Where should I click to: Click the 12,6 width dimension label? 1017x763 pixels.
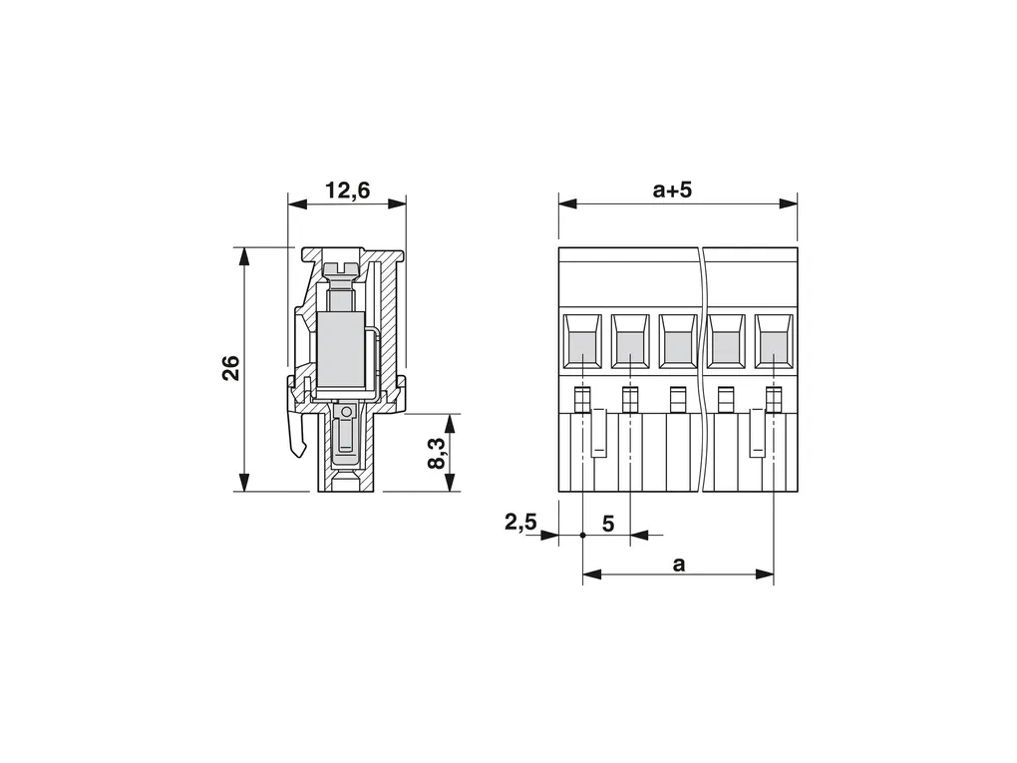pyautogui.click(x=347, y=191)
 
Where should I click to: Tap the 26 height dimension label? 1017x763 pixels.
pyautogui.click(x=231, y=368)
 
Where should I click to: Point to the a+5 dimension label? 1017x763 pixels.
pyautogui.click(x=673, y=191)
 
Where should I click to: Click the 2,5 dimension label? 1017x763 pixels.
pyautogui.click(x=520, y=522)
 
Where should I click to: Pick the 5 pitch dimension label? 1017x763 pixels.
pyautogui.click(x=608, y=523)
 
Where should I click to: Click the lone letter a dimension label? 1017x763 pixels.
pyautogui.click(x=678, y=565)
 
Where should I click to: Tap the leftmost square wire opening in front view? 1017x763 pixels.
pyautogui.click(x=582, y=342)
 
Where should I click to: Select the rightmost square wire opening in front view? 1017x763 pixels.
pyautogui.click(x=774, y=342)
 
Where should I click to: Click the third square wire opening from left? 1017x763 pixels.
pyautogui.click(x=678, y=342)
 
